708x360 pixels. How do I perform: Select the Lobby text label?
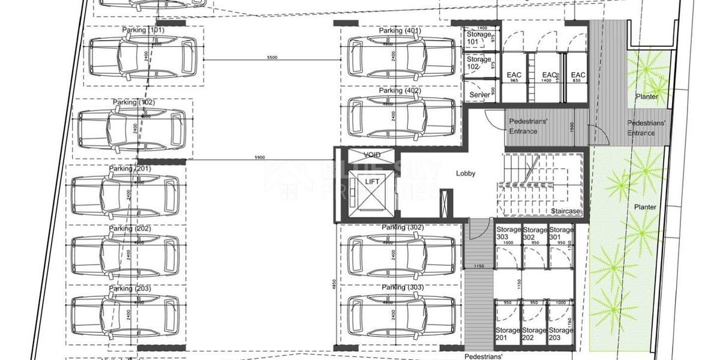tap(466, 173)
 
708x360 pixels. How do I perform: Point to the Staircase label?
tap(566, 211)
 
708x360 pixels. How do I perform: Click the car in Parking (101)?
tap(143, 58)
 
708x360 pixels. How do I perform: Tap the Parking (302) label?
tap(402, 227)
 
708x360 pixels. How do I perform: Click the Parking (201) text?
tap(130, 169)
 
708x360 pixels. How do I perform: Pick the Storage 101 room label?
tap(479, 38)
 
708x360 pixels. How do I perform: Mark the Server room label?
tap(479, 95)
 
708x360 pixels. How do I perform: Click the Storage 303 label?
tap(508, 233)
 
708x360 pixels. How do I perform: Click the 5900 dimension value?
tap(259, 158)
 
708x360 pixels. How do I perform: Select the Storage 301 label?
tap(562, 233)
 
